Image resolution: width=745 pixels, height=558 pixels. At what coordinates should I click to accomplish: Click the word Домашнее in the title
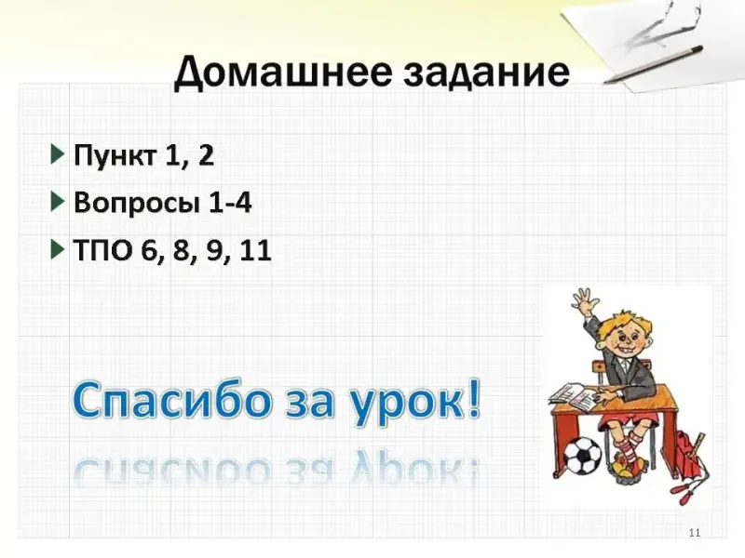pyautogui.click(x=282, y=72)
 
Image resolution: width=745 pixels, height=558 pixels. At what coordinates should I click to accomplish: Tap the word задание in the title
pyautogui.click(x=486, y=73)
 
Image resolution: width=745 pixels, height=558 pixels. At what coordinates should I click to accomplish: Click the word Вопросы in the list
pyautogui.click(x=136, y=203)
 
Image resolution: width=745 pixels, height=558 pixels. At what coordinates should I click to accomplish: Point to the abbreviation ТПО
pyautogui.click(x=102, y=249)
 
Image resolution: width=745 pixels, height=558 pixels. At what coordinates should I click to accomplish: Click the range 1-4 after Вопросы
pyautogui.click(x=229, y=202)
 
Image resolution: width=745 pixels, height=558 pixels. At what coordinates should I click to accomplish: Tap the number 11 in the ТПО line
pyautogui.click(x=255, y=249)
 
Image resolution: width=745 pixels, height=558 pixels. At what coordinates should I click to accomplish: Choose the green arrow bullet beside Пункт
pyautogui.click(x=58, y=154)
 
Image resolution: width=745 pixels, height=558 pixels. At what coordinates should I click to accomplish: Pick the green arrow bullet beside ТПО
pyautogui.click(x=58, y=249)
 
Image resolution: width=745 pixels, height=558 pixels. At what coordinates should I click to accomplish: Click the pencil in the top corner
pyautogui.click(x=654, y=64)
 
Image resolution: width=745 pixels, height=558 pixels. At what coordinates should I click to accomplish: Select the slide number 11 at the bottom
pyautogui.click(x=694, y=533)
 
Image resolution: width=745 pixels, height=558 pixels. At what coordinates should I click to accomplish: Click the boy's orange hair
pyautogui.click(x=620, y=324)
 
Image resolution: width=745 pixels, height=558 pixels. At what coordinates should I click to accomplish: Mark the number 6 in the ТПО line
pyautogui.click(x=150, y=249)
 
